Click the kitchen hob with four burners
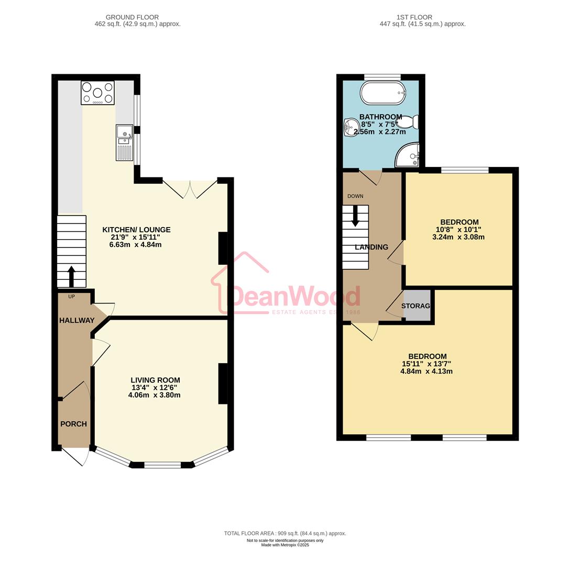97,93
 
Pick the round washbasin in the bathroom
349,126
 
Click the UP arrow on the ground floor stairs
71,276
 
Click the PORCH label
73,424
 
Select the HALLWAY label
76,320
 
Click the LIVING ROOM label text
156,380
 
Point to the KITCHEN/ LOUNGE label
136,230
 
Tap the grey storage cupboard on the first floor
417,306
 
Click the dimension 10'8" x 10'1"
458,229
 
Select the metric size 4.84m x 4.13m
426,371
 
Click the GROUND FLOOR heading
132,17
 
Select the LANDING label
371,247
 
